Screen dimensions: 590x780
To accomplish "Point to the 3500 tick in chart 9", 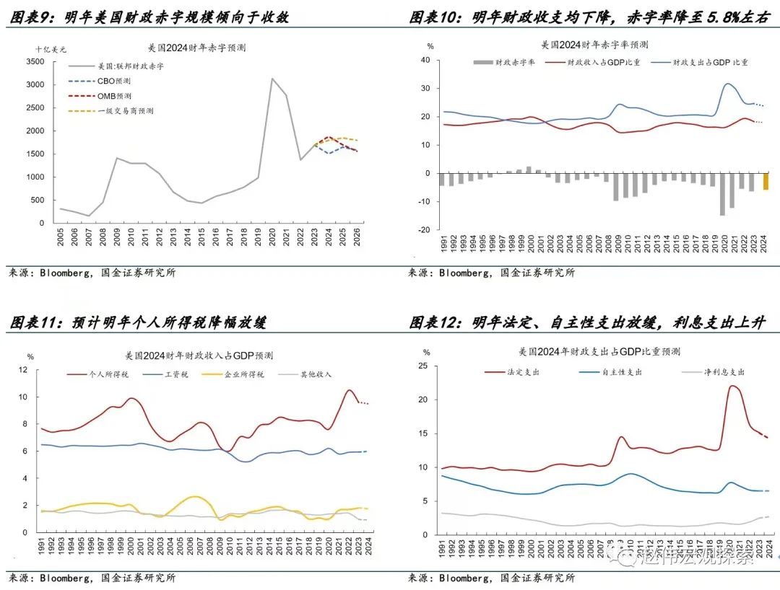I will (35, 62).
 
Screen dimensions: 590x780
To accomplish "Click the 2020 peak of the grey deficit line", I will (272, 79).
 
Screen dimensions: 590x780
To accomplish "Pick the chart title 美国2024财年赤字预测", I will (196, 48).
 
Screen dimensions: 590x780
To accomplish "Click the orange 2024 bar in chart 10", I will (766, 182).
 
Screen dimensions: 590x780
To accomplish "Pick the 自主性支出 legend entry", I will (620, 372).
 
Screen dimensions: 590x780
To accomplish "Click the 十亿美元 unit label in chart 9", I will (51, 49).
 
